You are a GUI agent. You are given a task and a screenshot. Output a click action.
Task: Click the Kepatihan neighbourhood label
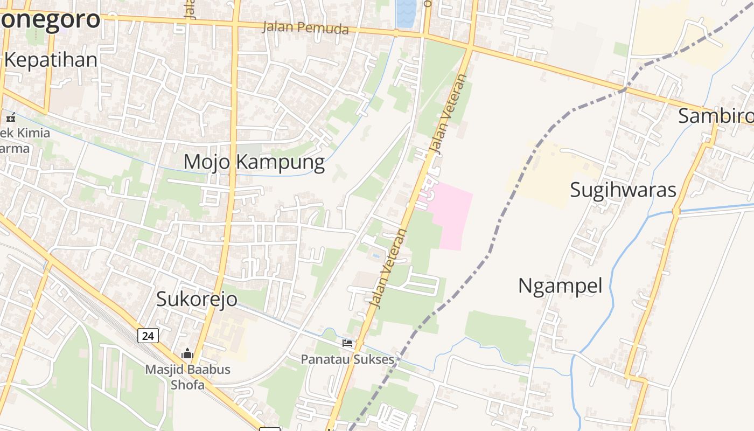click(x=51, y=60)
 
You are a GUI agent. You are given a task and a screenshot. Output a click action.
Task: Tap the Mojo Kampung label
click(x=254, y=162)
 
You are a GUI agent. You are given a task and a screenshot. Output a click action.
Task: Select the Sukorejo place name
click(x=197, y=298)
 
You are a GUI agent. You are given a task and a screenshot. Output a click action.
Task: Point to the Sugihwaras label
click(x=623, y=190)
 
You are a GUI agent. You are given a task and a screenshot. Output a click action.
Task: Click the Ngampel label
click(x=560, y=286)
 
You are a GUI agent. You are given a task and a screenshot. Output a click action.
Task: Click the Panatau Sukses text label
click(x=347, y=359)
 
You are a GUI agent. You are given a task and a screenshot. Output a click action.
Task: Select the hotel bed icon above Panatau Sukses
click(x=347, y=343)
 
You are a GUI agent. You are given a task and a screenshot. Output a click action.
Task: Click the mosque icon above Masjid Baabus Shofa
click(x=187, y=354)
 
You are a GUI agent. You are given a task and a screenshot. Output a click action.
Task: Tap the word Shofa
click(x=187, y=385)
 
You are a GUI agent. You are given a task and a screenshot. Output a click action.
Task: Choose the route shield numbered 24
click(x=148, y=336)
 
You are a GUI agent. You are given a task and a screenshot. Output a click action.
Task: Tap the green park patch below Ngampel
click(x=498, y=334)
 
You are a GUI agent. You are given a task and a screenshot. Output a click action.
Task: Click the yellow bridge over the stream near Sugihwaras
click(x=676, y=212)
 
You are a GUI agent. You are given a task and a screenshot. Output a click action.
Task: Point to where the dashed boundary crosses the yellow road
click(x=625, y=89)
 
